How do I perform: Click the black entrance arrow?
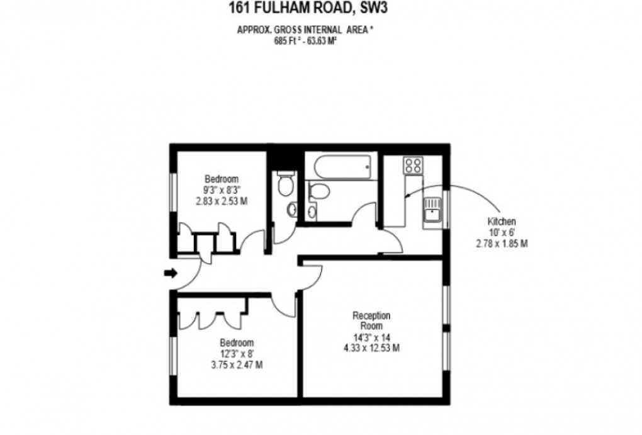(x=169, y=273)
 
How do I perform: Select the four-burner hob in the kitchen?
(x=414, y=165)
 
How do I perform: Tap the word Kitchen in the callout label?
(x=502, y=222)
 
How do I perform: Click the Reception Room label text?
(x=371, y=320)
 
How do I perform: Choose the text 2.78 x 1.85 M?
(x=502, y=242)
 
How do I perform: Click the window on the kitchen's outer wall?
(x=448, y=208)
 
